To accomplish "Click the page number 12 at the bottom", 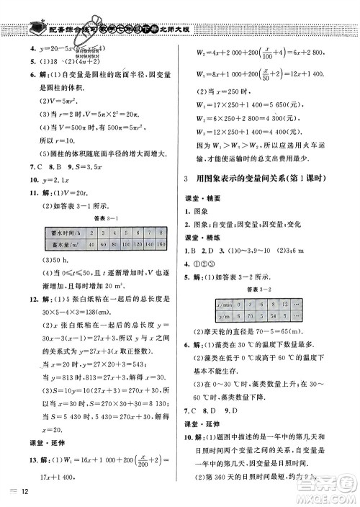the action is [25, 493].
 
